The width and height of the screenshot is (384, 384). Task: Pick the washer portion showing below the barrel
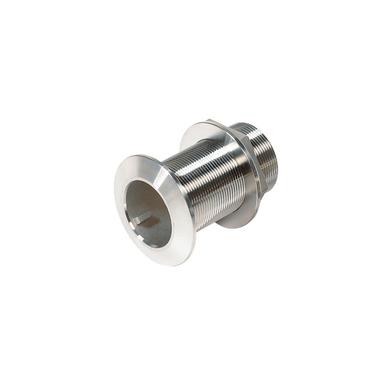pyautogui.click(x=235, y=218)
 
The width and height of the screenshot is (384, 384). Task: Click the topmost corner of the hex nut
pyautogui.click(x=209, y=121)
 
